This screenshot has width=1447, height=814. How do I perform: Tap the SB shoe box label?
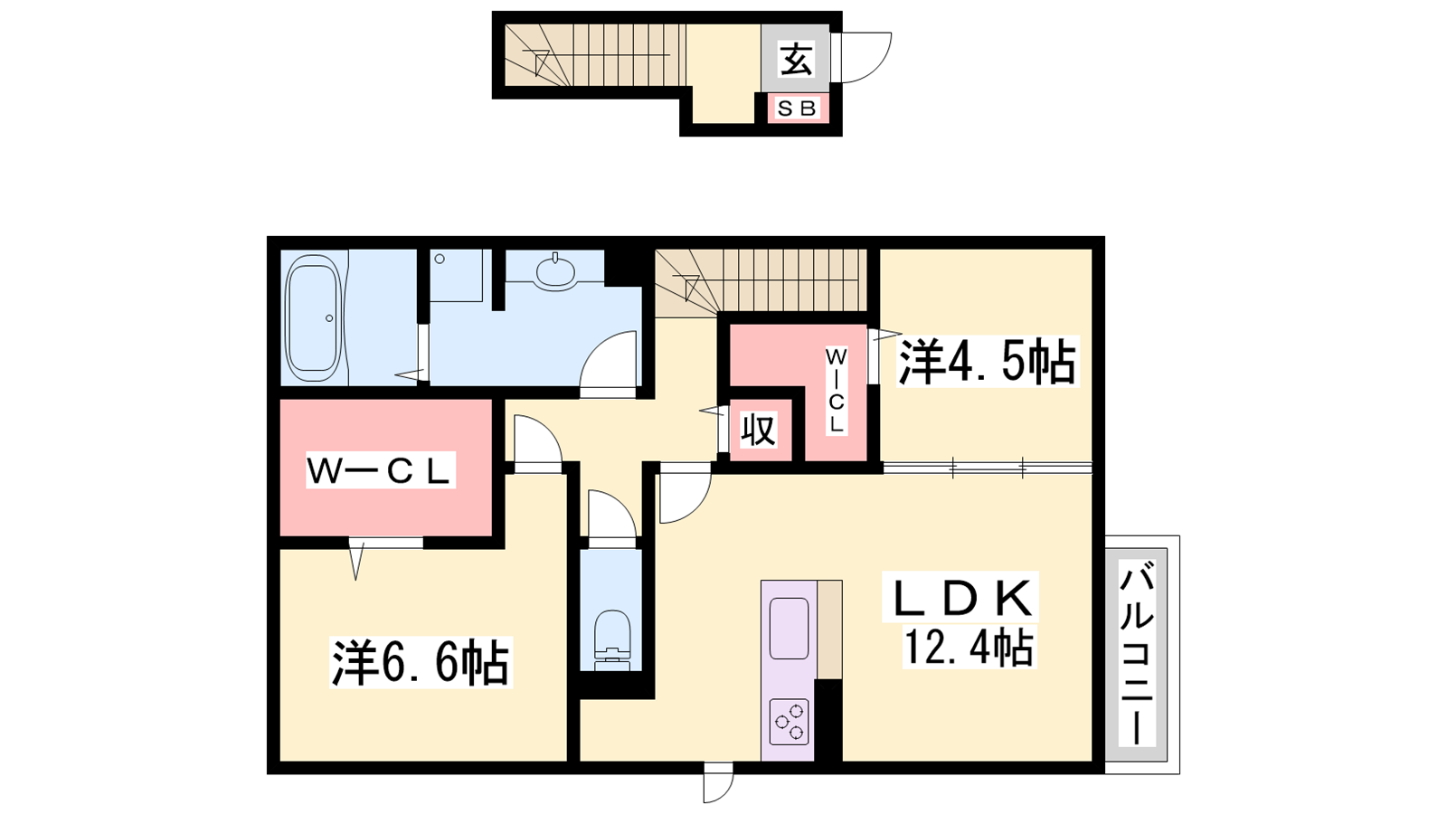[x=797, y=109]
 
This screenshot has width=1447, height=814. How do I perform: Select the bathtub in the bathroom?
[x=313, y=317]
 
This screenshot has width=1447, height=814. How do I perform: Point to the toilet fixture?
[x=611, y=640]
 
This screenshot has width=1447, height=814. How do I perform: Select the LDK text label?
[x=960, y=598]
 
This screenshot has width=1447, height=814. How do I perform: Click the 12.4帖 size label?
[x=969, y=647]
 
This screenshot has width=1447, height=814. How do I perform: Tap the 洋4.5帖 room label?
[x=987, y=362]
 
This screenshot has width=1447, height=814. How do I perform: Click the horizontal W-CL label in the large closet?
[x=380, y=470]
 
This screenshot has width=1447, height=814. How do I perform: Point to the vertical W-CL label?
[x=836, y=391]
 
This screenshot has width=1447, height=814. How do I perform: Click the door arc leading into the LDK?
[x=696, y=504]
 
